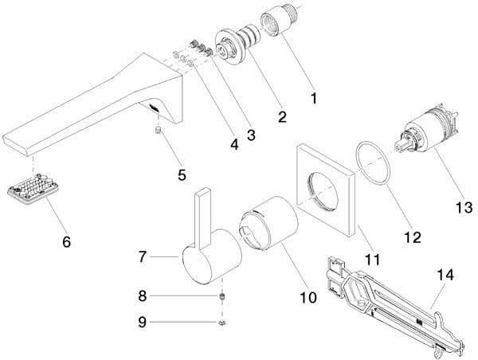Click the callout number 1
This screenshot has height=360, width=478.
314,98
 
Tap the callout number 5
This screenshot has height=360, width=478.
182,175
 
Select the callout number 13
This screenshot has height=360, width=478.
464,208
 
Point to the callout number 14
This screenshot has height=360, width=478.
445,275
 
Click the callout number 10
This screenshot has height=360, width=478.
308,297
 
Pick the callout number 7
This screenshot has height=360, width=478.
143,257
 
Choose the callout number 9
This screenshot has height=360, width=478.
143,323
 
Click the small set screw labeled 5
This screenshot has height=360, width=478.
158,131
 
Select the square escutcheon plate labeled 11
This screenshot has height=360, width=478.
326,190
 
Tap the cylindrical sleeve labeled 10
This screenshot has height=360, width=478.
268,223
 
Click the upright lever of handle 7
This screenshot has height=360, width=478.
202,217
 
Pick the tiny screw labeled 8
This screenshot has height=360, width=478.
223,296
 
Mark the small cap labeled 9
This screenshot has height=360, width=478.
223,323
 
